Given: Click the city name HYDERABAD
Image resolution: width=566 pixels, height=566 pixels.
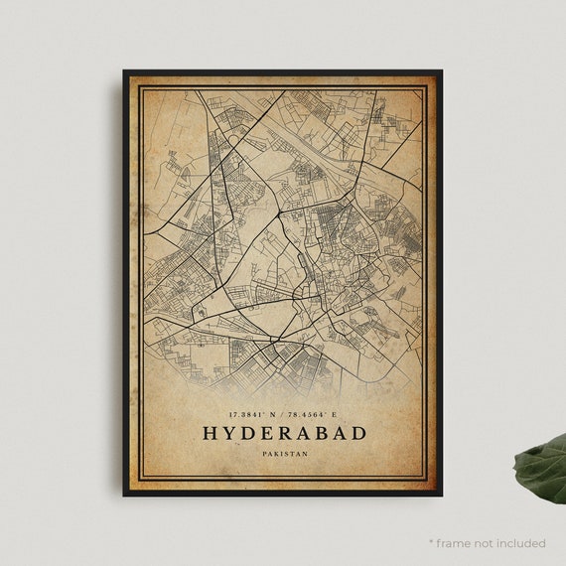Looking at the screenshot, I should [x=283, y=433].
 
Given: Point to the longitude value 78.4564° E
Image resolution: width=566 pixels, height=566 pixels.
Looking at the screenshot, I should [x=320, y=412].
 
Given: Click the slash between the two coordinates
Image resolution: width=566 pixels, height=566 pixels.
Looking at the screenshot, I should [x=284, y=412].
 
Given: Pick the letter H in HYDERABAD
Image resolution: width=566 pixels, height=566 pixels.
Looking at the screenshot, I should [x=210, y=433].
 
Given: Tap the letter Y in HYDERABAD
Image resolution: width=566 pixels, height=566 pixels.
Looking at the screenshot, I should [x=229, y=433].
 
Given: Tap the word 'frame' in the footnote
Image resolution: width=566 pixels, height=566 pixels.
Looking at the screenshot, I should [x=456, y=543].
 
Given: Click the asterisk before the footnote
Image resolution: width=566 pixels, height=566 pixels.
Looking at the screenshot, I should [x=432, y=542].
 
